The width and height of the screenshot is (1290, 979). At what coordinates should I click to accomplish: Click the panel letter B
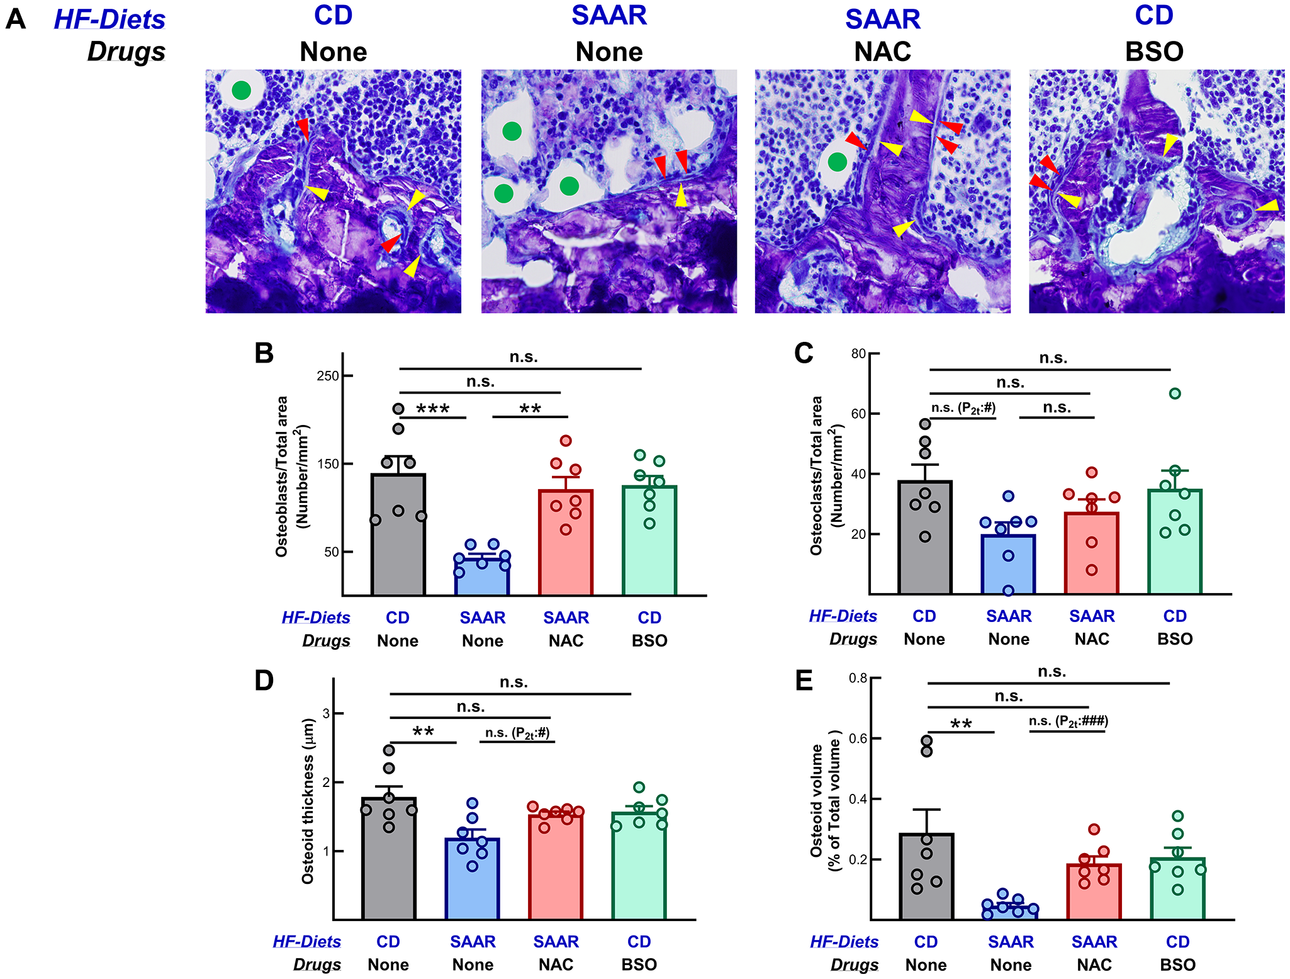[x=264, y=353]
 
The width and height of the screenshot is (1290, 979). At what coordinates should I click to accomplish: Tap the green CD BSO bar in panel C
[x=1174, y=541]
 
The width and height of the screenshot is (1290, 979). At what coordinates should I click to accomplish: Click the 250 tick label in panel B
[x=327, y=376]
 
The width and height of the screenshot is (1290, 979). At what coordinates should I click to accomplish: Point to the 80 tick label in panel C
[x=858, y=354]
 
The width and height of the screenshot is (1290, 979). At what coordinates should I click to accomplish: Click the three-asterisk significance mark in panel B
[x=433, y=409]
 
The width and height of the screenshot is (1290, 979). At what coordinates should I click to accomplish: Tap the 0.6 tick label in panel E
[x=858, y=738]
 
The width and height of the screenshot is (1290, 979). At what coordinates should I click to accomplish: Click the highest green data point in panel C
[x=1175, y=393]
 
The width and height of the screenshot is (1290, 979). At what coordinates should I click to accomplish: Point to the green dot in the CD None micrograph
[x=241, y=91]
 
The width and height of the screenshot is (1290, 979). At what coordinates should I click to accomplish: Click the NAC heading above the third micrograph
[x=882, y=52]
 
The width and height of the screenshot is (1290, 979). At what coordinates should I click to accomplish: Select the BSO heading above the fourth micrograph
[x=1154, y=52]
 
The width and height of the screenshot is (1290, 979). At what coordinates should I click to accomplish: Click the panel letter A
[x=16, y=19]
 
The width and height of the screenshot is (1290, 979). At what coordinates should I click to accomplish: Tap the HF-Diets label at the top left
[x=109, y=19]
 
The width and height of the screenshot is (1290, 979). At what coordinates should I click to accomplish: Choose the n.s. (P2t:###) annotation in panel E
[x=1068, y=721]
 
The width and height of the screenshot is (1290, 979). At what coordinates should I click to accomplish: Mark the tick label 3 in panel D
[x=326, y=713]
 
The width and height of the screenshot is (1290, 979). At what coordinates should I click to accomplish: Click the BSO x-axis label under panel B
[x=649, y=641]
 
